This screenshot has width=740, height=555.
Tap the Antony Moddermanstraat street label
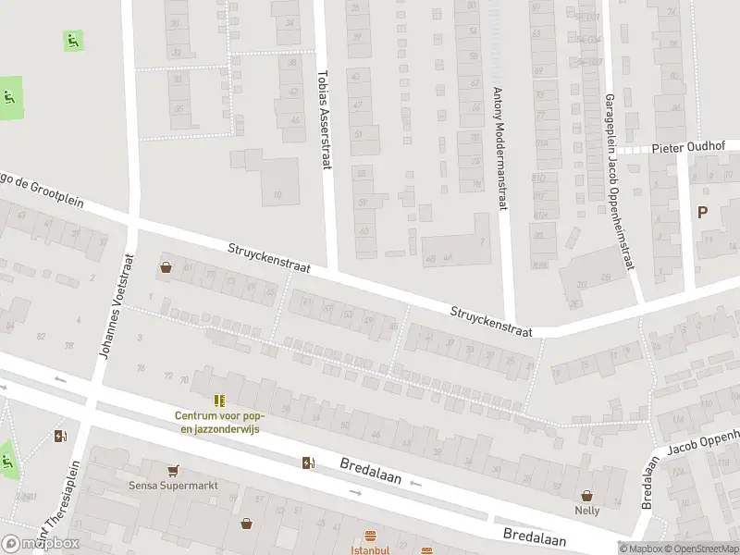499,149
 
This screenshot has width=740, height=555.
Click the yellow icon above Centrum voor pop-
219,401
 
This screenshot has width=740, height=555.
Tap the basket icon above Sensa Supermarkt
172,470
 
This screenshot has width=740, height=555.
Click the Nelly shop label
586,510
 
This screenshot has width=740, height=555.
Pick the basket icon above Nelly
586,495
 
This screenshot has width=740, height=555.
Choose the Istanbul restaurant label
369,549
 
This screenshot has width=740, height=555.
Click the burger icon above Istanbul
370,536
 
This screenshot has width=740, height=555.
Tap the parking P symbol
702,212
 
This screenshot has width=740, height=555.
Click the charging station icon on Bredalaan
307,462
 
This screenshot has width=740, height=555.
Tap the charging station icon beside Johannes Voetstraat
61,437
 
